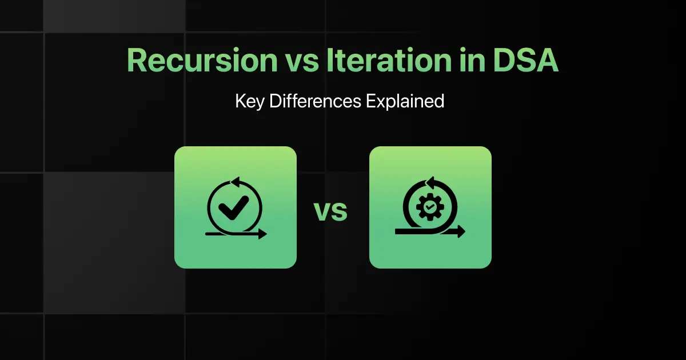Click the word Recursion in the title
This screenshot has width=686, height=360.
point(202,61)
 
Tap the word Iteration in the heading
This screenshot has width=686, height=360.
point(389,61)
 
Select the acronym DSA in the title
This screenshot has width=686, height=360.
point(526,61)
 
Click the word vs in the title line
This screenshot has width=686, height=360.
point(302,63)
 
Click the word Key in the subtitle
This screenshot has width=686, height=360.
point(250,101)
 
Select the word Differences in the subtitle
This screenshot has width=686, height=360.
point(315,101)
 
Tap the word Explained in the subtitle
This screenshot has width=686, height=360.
point(405,101)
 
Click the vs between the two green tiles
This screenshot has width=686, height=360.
point(331,211)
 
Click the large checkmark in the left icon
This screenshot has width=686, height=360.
point(234,207)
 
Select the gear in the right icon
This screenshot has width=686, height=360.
point(430,207)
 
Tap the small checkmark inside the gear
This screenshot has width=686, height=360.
point(430,207)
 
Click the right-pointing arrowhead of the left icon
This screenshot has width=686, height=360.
point(263,234)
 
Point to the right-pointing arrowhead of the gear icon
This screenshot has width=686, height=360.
point(461,231)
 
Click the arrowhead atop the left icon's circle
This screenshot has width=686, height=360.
point(235,182)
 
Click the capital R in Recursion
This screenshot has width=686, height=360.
point(137,61)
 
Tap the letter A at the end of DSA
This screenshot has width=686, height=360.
point(547,61)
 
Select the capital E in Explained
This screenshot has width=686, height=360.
point(371,101)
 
